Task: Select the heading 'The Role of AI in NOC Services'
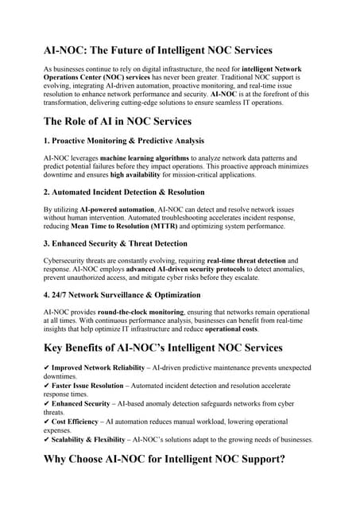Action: pos(129,121)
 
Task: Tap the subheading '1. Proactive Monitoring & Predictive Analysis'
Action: pos(124,141)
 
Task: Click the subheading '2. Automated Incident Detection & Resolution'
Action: pos(124,192)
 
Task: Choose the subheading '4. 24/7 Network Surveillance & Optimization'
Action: pos(122,295)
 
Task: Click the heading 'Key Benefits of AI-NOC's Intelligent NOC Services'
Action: pos(163,347)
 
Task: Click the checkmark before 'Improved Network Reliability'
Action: pos(47,368)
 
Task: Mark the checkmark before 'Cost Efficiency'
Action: pos(47,422)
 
